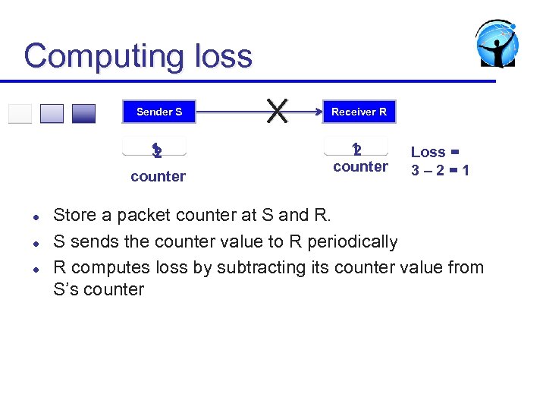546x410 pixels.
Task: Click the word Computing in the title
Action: [99, 57]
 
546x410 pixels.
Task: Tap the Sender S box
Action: [159, 112]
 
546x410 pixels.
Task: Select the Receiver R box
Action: [359, 112]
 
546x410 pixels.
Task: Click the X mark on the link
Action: [278, 111]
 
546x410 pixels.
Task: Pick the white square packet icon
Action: [20, 113]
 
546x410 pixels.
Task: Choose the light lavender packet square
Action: [52, 113]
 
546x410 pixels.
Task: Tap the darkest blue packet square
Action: [83, 113]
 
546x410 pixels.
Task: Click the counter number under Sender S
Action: [156, 151]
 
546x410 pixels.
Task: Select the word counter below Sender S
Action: [158, 176]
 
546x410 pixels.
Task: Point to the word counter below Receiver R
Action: [360, 166]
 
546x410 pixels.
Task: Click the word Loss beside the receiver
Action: [428, 152]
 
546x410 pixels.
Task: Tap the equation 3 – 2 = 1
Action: [440, 171]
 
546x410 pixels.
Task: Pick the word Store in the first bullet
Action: [74, 216]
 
